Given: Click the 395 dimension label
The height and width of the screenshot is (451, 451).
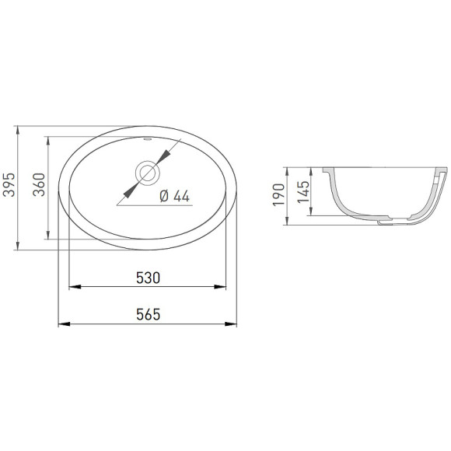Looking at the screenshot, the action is coord(9,184).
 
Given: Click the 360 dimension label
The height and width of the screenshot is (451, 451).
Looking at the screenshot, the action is coord(39,184).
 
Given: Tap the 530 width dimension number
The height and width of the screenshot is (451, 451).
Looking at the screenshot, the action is coord(148,278).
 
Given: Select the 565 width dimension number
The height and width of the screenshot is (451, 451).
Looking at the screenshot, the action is coord(148,314).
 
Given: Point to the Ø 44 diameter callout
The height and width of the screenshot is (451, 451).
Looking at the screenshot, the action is coord(175,196).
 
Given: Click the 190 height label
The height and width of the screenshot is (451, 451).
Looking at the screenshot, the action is coord(278,194).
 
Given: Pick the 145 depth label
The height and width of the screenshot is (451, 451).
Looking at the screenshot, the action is coord(303,191).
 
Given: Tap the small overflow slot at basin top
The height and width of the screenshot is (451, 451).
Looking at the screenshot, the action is coord(148,139).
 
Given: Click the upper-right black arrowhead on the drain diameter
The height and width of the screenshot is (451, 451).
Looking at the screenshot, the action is coord(164,157).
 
